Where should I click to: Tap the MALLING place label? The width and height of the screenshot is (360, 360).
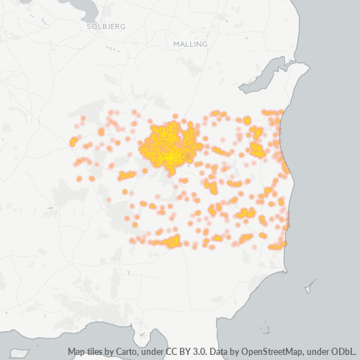(190, 44)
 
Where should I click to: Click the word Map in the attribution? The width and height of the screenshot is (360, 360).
(76, 352)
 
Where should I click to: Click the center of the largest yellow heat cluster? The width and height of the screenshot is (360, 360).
(169, 144)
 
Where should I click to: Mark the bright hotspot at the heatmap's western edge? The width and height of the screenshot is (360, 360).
(73, 141)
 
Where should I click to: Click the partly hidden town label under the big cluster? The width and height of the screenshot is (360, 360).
(186, 156)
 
